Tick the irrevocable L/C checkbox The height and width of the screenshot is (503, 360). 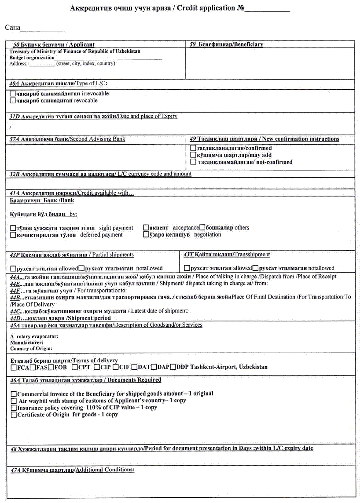12,94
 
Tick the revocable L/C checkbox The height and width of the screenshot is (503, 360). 12,101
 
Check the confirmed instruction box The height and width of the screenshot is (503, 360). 193,148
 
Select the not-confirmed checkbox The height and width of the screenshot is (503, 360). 193,162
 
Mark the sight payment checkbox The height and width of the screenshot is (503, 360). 12,228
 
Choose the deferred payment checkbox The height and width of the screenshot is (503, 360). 12,235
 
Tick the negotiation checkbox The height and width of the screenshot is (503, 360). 146,235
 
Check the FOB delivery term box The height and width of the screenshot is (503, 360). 51,367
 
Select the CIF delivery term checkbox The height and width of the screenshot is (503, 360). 116,367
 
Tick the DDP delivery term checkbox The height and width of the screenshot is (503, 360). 173,367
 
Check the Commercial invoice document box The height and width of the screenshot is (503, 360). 14,394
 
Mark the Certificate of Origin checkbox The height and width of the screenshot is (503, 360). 14,415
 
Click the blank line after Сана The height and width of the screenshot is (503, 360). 43,29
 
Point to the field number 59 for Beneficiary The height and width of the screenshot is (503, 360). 193,44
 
